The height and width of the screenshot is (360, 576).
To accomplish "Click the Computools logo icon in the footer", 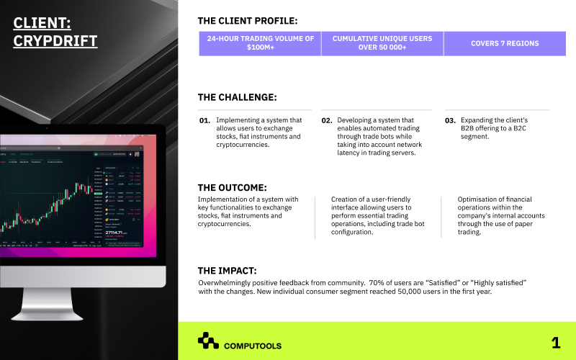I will pyautogui.click(x=208, y=340).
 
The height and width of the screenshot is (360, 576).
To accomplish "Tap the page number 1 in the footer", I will pyautogui.click(x=555, y=343).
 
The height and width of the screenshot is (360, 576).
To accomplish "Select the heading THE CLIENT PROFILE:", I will pyautogui.click(x=247, y=21).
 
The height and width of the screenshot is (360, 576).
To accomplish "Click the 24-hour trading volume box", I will pyautogui.click(x=260, y=43).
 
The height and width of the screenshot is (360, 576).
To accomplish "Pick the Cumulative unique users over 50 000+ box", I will pyautogui.click(x=382, y=43).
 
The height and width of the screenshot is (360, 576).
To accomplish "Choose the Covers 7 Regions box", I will pyautogui.click(x=504, y=43).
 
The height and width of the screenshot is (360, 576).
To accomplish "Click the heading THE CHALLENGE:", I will pyautogui.click(x=237, y=97).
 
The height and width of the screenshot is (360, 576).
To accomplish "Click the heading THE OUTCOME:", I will pyautogui.click(x=233, y=187).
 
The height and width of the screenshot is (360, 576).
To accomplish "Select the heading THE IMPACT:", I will pyautogui.click(x=227, y=271).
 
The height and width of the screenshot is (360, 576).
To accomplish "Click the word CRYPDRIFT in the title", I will pyautogui.click(x=55, y=41).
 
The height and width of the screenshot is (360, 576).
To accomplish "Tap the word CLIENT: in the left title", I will pyautogui.click(x=42, y=23).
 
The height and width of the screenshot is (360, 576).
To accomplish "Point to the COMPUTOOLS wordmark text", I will pyautogui.click(x=253, y=346).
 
